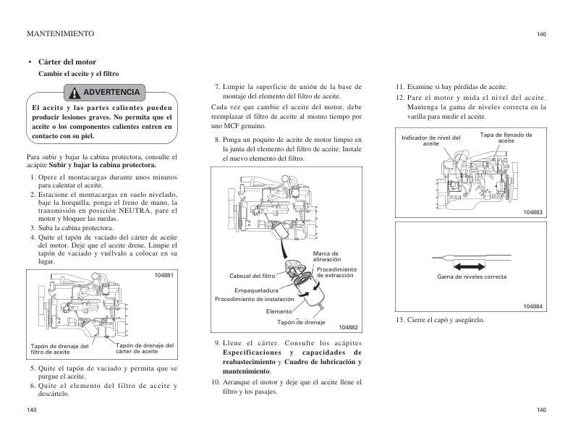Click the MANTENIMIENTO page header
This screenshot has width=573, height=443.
pyautogui.click(x=59, y=33)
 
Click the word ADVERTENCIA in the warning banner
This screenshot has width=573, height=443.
pyautogui.click(x=111, y=93)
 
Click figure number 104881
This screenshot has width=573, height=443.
pyautogui.click(x=164, y=276)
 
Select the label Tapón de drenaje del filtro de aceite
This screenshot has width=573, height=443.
pyautogui.click(x=59, y=349)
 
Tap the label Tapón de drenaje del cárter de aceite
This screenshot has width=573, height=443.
pyautogui.click(x=145, y=348)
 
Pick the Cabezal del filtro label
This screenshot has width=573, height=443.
pyautogui.click(x=252, y=276)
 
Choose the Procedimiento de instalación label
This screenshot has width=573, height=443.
pyautogui.click(x=255, y=298)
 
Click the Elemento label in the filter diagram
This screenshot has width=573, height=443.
pyautogui.click(x=279, y=311)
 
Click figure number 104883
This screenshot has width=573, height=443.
pyautogui.click(x=532, y=211)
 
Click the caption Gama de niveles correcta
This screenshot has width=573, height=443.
pyautogui.click(x=472, y=277)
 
